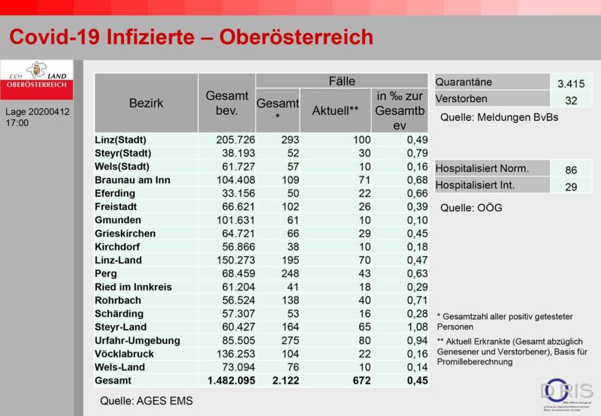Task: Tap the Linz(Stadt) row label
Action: pyautogui.click(x=120, y=140)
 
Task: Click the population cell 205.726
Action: pyautogui.click(x=225, y=140)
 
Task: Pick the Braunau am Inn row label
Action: pyautogui.click(x=133, y=179)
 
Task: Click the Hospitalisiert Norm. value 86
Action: pyautogui.click(x=571, y=170)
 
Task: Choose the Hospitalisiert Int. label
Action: pyautogui.click(x=483, y=185)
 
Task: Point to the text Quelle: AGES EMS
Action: pyautogui.click(x=146, y=401)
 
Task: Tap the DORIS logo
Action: pyautogui.click(x=565, y=391)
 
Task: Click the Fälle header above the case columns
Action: pyautogui.click(x=342, y=81)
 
